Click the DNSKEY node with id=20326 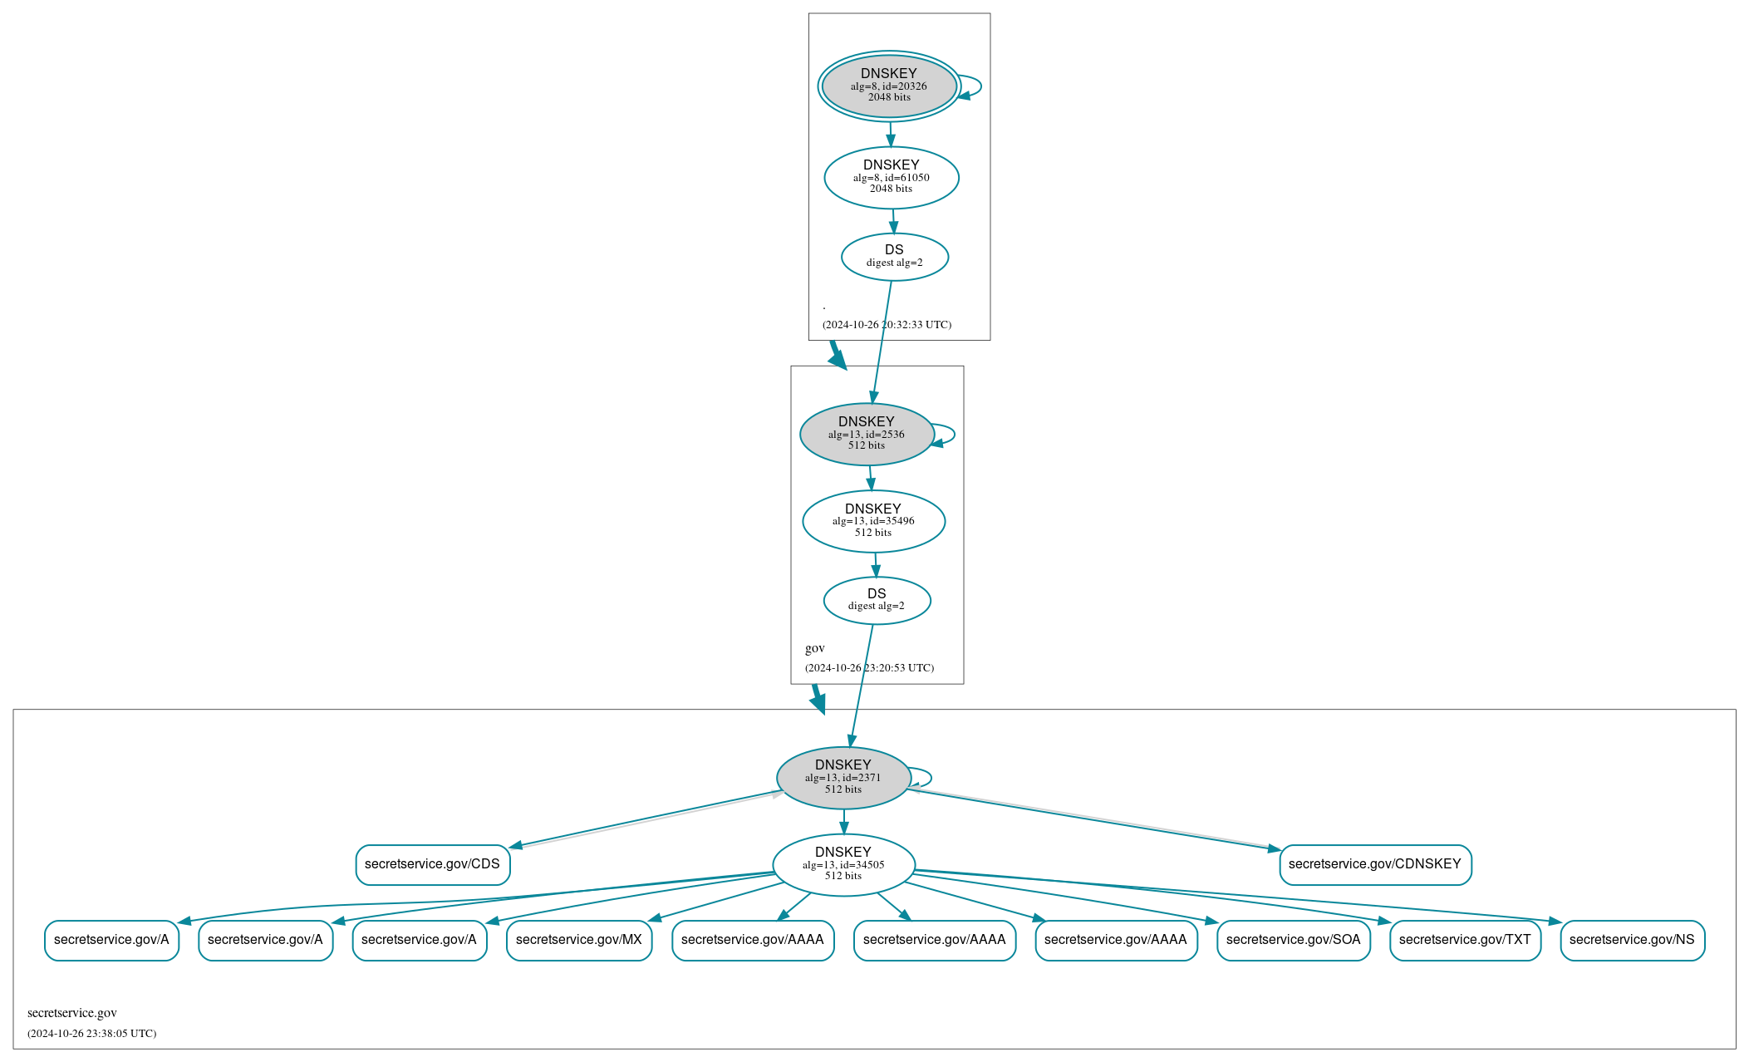click(889, 86)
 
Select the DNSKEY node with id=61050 click(891, 177)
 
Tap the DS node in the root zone click(894, 257)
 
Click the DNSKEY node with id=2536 click(867, 434)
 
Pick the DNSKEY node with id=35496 click(873, 521)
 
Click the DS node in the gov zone click(877, 600)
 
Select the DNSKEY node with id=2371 click(843, 778)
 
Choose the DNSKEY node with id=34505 click(843, 864)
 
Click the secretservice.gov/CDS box click(432, 864)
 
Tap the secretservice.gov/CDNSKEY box click(1375, 864)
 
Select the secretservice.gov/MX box click(578, 940)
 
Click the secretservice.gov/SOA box click(1293, 940)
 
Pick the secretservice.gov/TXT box click(1465, 940)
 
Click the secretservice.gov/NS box click(1632, 940)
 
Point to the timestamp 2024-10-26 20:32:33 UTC click(887, 325)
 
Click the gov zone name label click(814, 648)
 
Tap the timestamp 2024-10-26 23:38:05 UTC click(91, 1034)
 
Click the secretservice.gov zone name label click(72, 1013)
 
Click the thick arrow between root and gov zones click(837, 355)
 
